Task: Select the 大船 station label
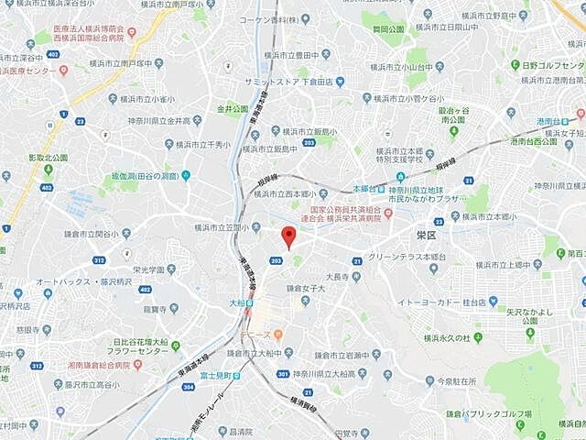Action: tap(237, 301)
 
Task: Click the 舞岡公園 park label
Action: tap(389, 29)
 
